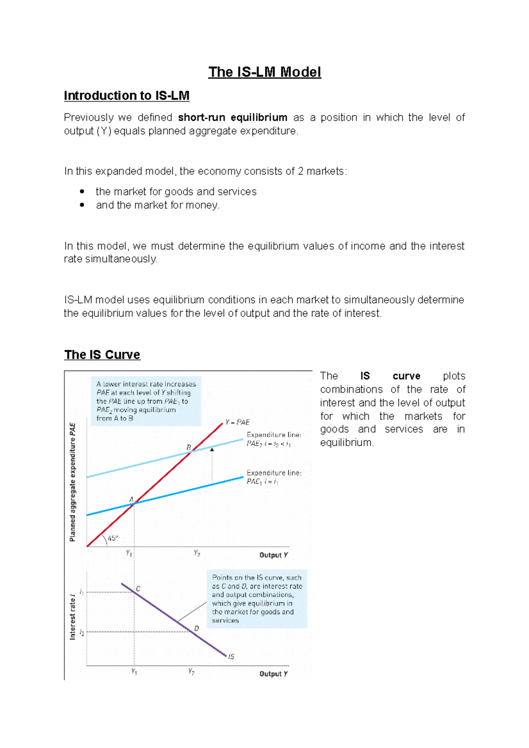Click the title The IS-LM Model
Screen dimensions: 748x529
coord(264,72)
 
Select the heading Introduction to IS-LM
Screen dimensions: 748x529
coord(127,96)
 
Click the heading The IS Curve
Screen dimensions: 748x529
coord(102,355)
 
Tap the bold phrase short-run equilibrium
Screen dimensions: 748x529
coord(233,118)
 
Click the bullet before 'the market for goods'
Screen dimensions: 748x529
coord(82,192)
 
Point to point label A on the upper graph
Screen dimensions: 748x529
coord(131,499)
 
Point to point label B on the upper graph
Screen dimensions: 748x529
coord(189,447)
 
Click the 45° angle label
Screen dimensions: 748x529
coord(113,538)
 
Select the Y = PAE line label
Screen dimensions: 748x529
coord(237,422)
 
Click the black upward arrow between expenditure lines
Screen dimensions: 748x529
coord(212,450)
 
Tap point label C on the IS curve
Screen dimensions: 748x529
coord(138,589)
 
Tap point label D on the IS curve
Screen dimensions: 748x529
coord(197,628)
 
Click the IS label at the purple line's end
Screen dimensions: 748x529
coord(231,656)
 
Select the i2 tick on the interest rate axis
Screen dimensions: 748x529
coord(82,633)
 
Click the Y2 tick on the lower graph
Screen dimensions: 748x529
coord(191,672)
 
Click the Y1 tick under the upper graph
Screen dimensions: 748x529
coord(129,553)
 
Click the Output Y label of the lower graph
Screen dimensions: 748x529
coord(273,674)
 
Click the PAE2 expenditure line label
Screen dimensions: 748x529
coord(274,439)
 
